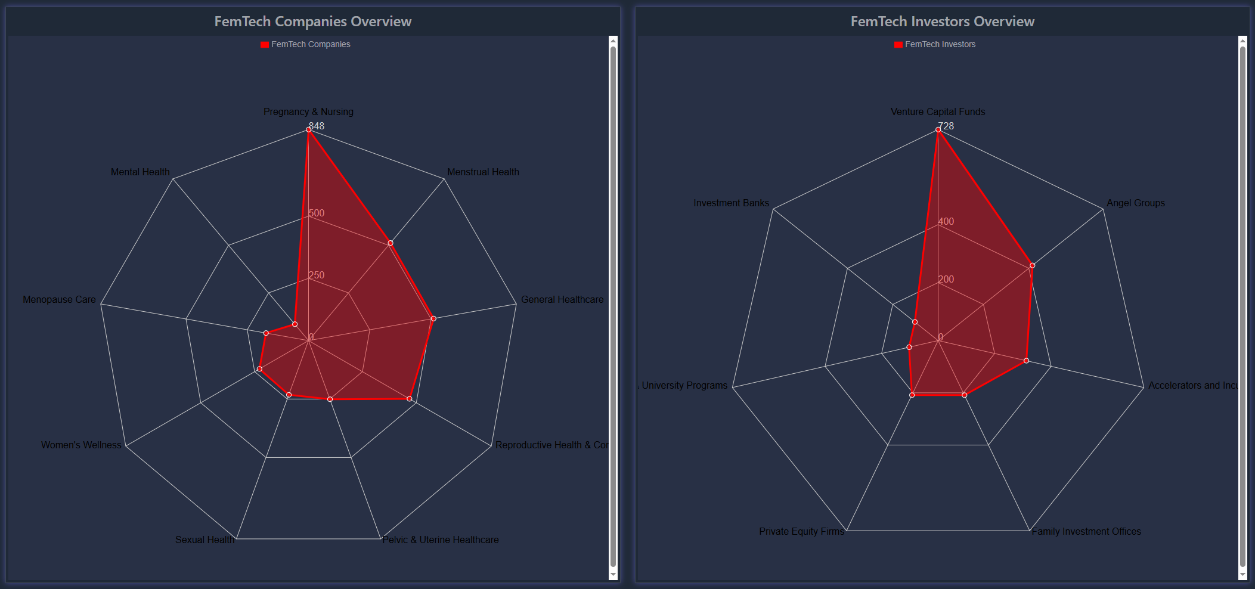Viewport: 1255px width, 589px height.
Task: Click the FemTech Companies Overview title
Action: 312,21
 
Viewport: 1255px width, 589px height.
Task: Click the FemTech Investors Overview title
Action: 942,21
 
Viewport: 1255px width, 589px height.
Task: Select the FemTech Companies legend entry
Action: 305,44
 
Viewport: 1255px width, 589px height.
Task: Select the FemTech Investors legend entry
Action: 934,44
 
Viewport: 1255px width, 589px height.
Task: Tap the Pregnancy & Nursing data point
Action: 308,129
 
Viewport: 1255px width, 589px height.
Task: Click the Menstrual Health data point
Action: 391,243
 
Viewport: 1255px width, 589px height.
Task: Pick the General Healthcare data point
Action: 433,318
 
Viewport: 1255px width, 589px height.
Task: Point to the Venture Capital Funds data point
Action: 938,129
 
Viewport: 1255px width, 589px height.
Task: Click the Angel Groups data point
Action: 1032,265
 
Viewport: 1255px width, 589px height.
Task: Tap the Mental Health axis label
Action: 140,172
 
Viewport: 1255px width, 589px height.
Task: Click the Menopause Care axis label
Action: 59,299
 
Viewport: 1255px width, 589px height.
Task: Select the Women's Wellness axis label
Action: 81,445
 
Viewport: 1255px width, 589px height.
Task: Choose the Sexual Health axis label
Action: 204,540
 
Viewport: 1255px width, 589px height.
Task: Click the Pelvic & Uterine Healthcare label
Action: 441,540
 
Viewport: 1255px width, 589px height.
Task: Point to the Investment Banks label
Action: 731,203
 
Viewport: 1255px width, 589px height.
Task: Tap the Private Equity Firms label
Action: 801,531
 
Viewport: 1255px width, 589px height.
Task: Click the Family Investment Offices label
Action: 1086,531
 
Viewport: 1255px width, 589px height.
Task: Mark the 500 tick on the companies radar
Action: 317,213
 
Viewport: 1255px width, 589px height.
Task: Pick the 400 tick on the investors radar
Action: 946,221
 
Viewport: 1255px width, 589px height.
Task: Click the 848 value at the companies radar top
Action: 317,126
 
